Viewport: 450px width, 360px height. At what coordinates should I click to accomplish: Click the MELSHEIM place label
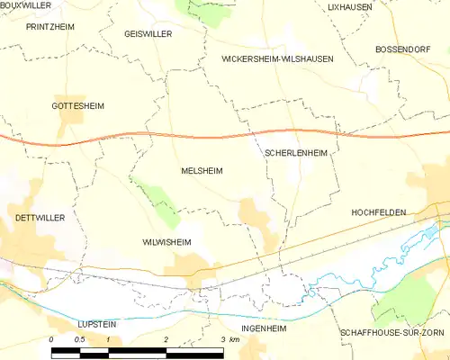click(x=202, y=170)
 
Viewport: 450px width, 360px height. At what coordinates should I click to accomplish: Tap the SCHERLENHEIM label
click(x=295, y=154)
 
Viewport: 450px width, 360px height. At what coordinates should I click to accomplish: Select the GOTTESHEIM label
click(x=78, y=105)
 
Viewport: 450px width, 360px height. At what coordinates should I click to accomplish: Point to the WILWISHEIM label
click(x=166, y=242)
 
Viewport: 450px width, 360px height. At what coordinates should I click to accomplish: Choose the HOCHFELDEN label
click(x=378, y=212)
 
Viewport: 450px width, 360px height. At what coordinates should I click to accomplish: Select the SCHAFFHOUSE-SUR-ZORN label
click(x=391, y=332)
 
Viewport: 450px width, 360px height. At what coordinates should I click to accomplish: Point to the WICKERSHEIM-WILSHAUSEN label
click(x=277, y=58)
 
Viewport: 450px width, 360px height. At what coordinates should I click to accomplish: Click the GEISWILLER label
click(x=148, y=33)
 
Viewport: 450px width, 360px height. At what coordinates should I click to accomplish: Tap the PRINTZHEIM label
click(x=50, y=27)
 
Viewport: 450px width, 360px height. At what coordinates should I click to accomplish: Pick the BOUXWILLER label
click(x=25, y=5)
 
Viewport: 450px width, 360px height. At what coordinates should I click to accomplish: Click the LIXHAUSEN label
click(x=349, y=6)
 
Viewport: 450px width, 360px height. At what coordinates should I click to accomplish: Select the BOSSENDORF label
click(x=404, y=48)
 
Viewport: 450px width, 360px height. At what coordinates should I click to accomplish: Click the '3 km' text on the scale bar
click(x=229, y=339)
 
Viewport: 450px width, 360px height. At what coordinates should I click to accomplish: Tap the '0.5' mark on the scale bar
click(x=79, y=339)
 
